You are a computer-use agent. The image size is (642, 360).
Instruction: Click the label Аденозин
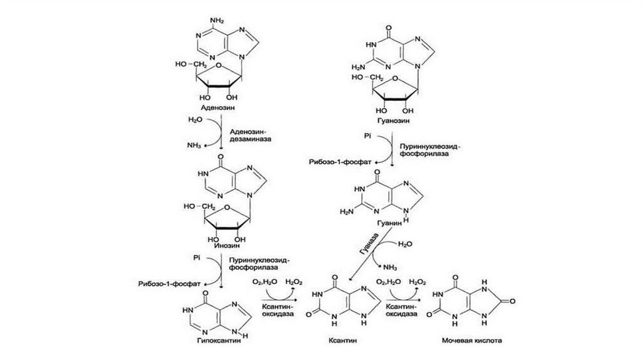click(x=217, y=108)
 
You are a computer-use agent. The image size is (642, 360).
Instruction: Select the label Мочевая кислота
click(x=471, y=342)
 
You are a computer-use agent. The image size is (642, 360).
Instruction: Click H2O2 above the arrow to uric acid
click(x=418, y=283)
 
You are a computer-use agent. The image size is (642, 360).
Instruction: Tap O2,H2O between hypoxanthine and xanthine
click(x=265, y=283)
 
